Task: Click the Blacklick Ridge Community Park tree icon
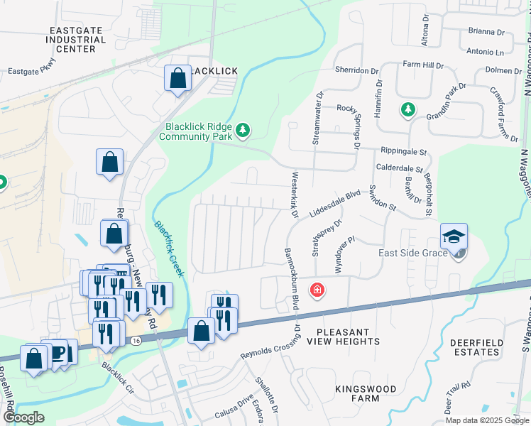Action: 243,129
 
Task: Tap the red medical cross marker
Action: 316,290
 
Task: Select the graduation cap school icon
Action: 454,236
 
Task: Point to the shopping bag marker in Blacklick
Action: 177,77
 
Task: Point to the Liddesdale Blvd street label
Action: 335,203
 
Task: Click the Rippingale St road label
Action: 403,151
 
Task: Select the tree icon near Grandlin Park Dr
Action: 407,109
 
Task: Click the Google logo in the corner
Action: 23,418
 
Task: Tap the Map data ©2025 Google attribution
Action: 486,420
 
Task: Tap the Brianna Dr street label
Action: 486,32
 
